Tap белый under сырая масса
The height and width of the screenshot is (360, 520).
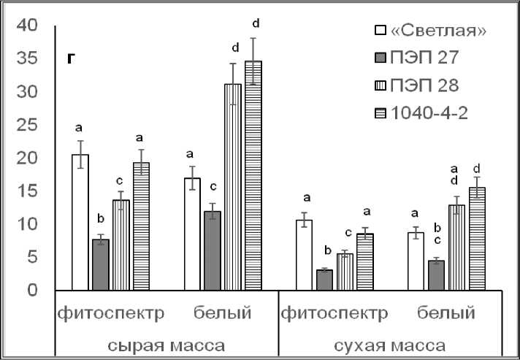coord(223,313)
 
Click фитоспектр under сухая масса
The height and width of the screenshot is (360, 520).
coord(334,313)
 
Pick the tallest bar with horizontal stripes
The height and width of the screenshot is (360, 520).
coord(253,175)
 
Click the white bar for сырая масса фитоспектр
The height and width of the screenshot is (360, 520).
coord(80,223)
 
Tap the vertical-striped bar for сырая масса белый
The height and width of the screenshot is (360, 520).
coord(233,187)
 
